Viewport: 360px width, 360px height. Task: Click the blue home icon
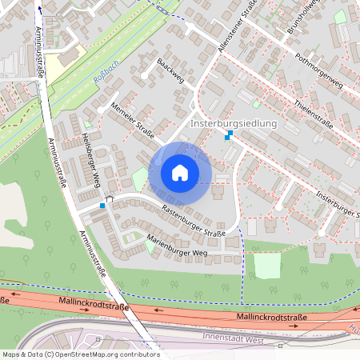point(180,172)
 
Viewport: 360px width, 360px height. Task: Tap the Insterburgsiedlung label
point(233,124)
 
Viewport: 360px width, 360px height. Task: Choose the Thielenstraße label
point(314,114)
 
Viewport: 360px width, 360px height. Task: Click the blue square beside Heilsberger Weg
point(102,206)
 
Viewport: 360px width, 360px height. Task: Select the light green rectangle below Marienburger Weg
point(268,264)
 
